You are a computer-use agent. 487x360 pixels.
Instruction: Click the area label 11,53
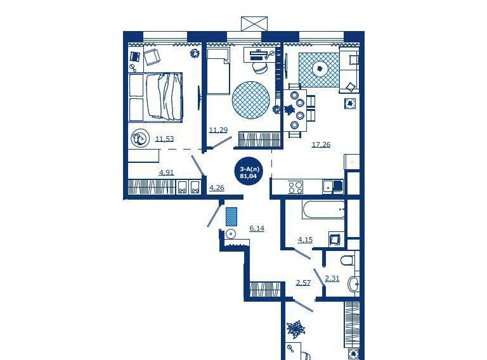pyautogui.click(x=164, y=139)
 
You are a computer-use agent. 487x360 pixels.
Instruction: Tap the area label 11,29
pyautogui.click(x=218, y=130)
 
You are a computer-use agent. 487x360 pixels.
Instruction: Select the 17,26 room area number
pyautogui.click(x=321, y=145)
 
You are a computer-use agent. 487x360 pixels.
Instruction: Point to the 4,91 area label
pyautogui.click(x=166, y=172)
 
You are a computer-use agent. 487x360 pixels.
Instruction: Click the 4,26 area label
pyautogui.click(x=216, y=188)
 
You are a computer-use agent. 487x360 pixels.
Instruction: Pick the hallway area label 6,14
pyautogui.click(x=257, y=228)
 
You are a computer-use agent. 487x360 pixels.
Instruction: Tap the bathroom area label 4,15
pyautogui.click(x=305, y=240)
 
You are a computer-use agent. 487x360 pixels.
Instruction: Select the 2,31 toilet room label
pyautogui.click(x=332, y=278)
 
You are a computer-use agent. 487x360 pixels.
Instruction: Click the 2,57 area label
pyautogui.click(x=303, y=283)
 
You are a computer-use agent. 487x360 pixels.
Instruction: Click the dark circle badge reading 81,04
pyautogui.click(x=249, y=172)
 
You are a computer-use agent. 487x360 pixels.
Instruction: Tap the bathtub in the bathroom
pyautogui.click(x=323, y=210)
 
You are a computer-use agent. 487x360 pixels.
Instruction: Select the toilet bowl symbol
pyautogui.click(x=347, y=260)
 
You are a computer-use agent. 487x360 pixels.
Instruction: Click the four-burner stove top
pyautogui.click(x=295, y=187)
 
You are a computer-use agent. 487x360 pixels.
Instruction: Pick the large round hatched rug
pyautogui.click(x=250, y=100)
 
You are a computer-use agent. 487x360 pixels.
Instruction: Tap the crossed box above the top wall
pyautogui.click(x=254, y=23)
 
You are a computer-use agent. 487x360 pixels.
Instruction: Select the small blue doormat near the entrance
pyautogui.click(x=231, y=217)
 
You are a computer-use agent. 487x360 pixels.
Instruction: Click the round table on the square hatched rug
pyautogui.click(x=320, y=68)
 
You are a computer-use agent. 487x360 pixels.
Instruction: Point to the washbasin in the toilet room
pyautogui.click(x=353, y=283)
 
